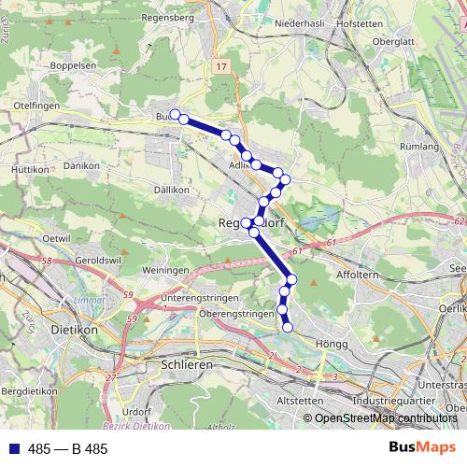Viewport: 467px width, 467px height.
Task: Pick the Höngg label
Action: click(x=331, y=344)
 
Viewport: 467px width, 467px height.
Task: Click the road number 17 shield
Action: click(x=219, y=67)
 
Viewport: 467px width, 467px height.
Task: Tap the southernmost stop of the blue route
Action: click(x=288, y=326)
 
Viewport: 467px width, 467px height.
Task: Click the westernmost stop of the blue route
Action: click(x=174, y=114)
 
